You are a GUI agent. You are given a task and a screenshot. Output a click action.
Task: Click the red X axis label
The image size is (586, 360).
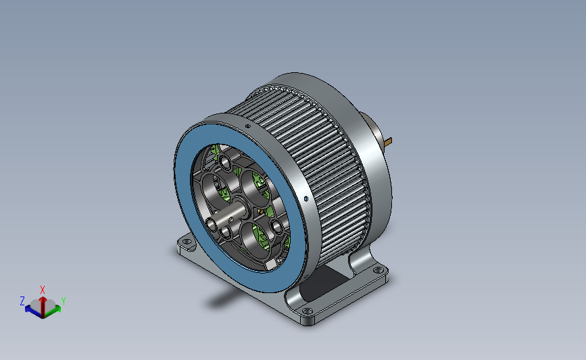point(42,290)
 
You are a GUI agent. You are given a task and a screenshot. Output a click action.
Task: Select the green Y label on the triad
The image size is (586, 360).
point(63,301)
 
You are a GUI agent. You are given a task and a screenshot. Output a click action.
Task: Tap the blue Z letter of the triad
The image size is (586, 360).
point(22,301)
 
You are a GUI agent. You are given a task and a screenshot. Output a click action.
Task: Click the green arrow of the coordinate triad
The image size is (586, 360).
point(53,311)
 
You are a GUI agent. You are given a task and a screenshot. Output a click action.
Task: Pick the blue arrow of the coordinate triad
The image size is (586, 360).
point(33,311)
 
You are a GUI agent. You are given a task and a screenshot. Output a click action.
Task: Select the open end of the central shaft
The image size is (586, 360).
point(211,226)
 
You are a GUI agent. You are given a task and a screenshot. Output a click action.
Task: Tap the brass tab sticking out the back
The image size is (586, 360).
point(388,142)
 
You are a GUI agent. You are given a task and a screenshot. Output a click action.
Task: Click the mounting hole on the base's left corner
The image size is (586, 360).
point(187,242)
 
